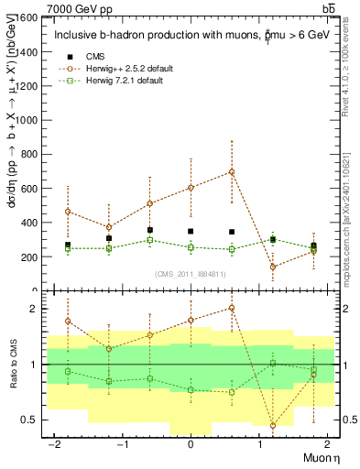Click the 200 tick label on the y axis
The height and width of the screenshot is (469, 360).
[25, 256]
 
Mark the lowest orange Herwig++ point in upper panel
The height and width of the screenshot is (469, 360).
[273, 267]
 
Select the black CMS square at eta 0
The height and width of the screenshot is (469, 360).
[191, 232]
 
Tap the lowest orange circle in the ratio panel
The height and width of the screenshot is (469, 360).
[273, 425]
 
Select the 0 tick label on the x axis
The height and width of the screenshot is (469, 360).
[191, 444]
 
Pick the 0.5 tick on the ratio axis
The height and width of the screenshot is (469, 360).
[27, 420]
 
